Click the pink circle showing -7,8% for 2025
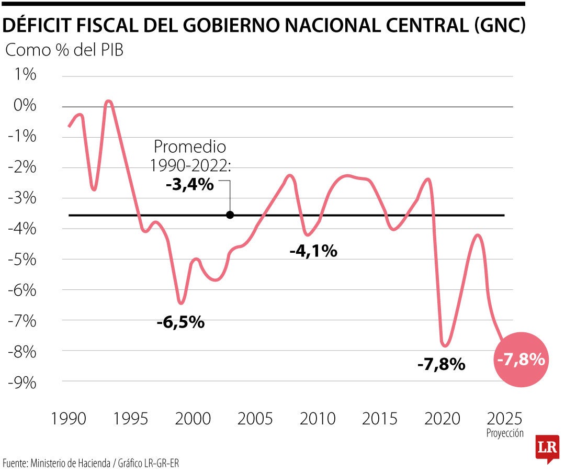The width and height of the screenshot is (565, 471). click(521, 360)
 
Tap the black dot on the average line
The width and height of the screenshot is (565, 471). click(230, 215)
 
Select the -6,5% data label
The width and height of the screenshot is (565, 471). click(180, 322)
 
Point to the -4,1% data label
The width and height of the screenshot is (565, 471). click(313, 251)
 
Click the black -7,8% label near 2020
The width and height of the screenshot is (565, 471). click(441, 364)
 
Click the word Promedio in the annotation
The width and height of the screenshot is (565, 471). click(190, 147)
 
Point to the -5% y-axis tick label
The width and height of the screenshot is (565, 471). click(22, 259)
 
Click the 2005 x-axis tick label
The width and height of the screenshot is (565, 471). click(255, 419)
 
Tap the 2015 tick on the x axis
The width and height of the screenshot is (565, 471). click(380, 419)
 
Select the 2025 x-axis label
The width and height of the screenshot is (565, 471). click(504, 419)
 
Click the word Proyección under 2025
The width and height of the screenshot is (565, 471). click(504, 433)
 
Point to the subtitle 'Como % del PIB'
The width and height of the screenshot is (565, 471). click(64, 51)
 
